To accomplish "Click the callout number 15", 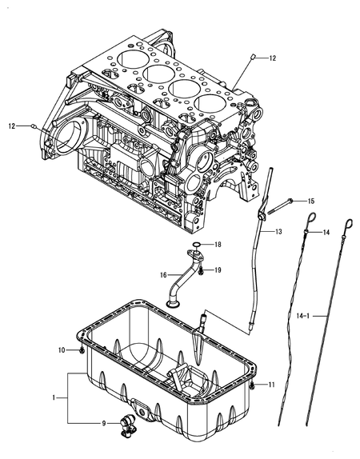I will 311,201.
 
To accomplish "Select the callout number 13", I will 278,231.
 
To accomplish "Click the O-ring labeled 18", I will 197,245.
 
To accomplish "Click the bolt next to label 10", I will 81,350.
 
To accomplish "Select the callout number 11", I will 271,385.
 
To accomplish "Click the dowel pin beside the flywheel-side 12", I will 33,126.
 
